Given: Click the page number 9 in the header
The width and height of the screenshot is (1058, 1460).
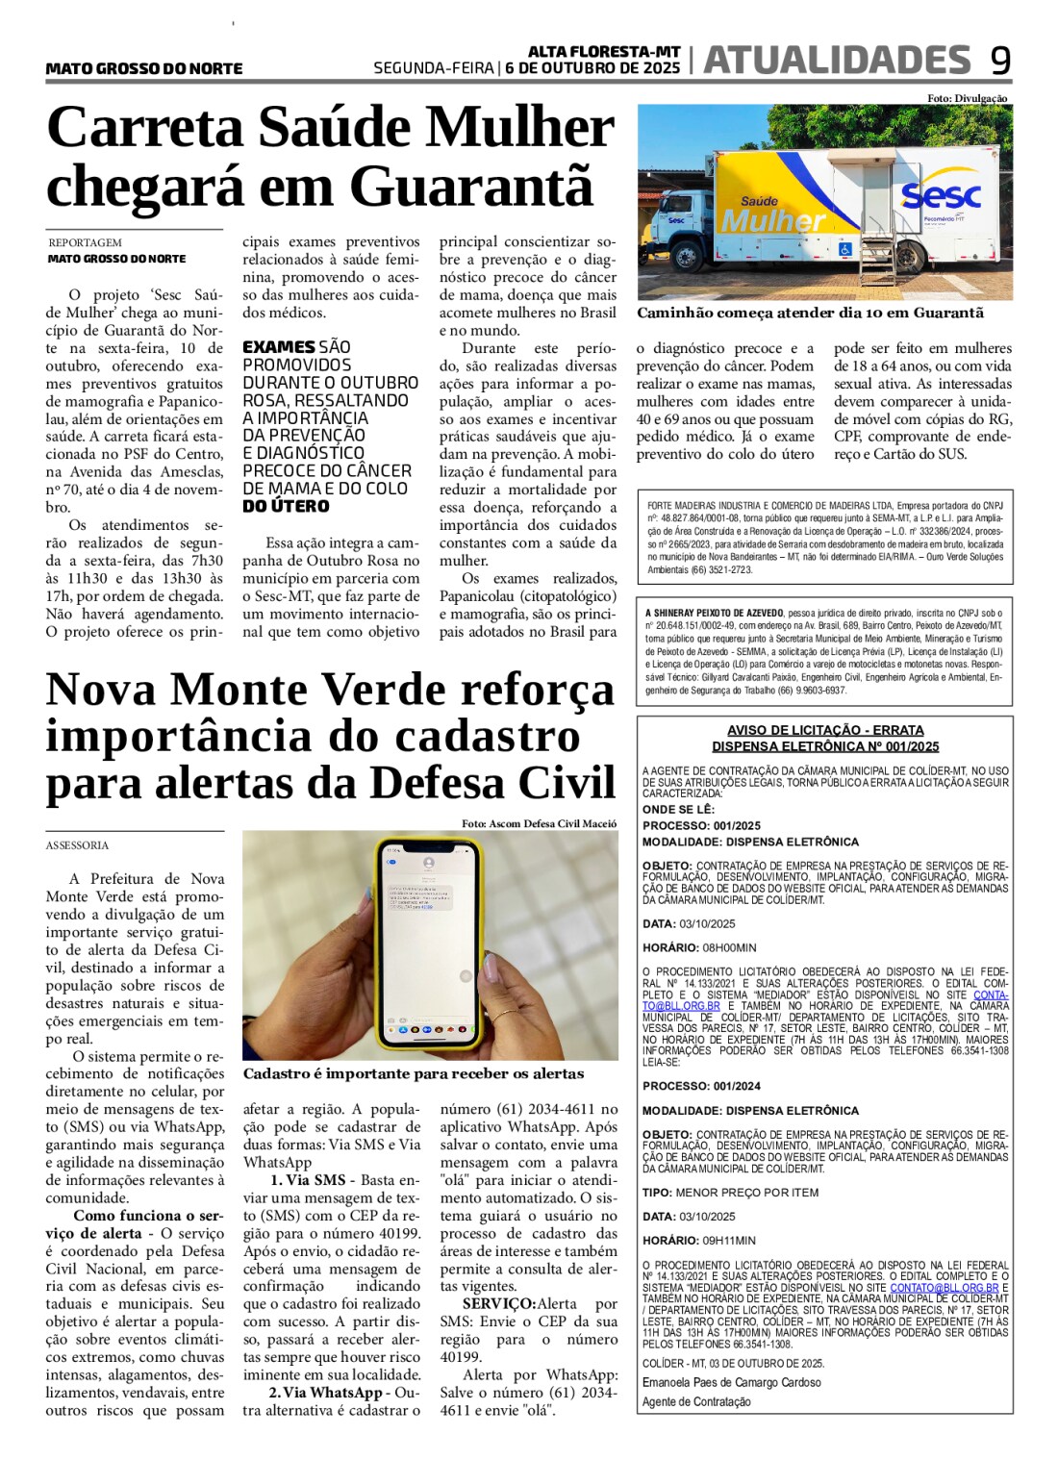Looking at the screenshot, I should point(1000,62).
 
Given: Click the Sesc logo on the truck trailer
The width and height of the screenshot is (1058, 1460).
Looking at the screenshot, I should point(941,196).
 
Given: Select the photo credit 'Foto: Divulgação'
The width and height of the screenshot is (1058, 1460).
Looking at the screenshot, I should point(967,98).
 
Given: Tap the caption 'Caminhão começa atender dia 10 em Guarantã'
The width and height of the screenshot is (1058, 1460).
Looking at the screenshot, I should point(810,313).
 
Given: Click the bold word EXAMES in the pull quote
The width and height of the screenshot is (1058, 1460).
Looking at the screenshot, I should point(279,347).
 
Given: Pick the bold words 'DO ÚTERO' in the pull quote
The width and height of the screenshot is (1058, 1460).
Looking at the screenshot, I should point(286,506).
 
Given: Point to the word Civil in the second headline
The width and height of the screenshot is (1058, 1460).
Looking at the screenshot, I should point(552,782).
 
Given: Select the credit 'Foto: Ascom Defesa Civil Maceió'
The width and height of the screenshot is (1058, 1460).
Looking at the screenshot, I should point(539,823).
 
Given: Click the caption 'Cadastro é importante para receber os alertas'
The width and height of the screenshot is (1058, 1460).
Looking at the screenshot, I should point(414,1073).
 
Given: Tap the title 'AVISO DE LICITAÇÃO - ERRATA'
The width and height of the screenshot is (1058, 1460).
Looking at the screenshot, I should point(825,730).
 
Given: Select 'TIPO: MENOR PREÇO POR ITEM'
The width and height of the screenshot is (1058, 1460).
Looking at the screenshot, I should point(730,1193).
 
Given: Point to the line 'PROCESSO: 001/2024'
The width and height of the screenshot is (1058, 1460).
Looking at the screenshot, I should point(701,1086).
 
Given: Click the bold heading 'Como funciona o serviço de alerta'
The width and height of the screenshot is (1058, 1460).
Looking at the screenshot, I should point(135,1224).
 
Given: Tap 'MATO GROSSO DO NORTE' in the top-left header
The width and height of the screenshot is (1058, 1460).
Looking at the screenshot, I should point(144,69).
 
